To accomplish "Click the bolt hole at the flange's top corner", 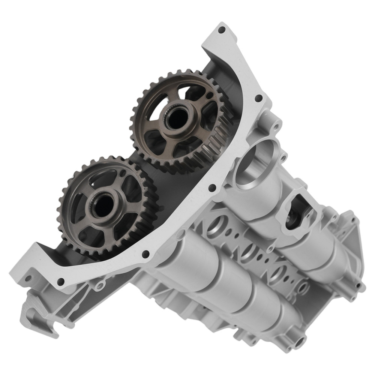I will (222, 29).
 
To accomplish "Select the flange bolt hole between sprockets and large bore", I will (211, 187).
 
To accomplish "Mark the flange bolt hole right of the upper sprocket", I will (258, 98).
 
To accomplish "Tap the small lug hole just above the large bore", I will (277, 125).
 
